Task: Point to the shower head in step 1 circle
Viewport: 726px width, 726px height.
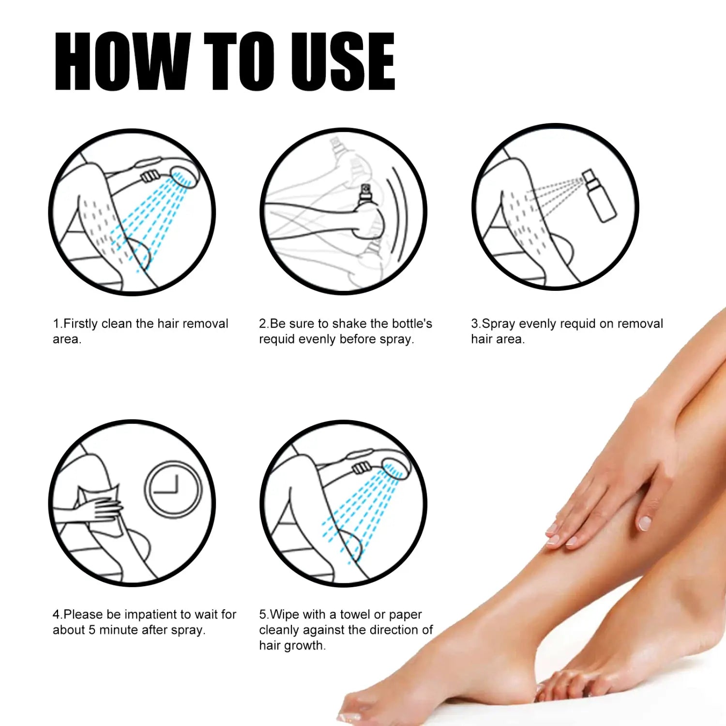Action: (184, 177)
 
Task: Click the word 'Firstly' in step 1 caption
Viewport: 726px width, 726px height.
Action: (81, 323)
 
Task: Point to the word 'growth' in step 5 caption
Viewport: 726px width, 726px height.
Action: (304, 646)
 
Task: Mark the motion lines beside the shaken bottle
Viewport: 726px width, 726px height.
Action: (399, 213)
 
